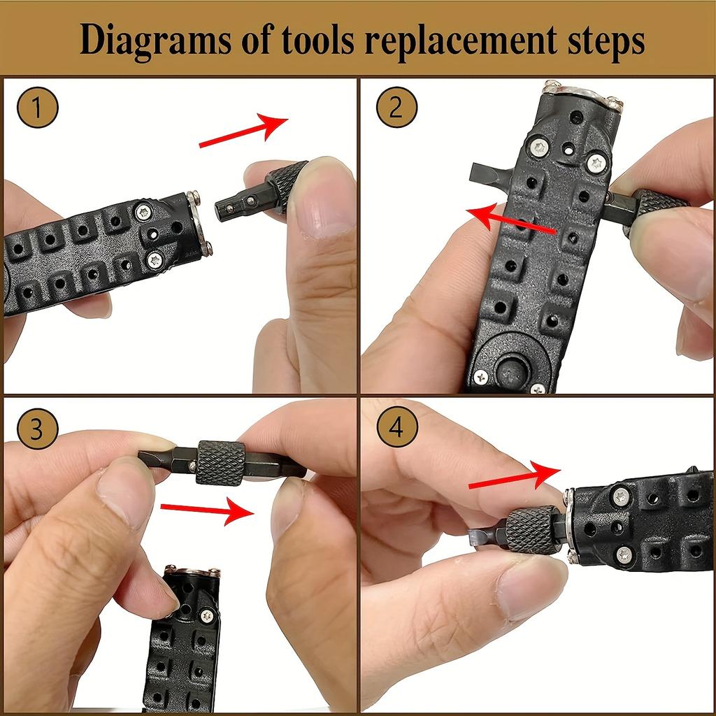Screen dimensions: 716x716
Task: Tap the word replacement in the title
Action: tap(460, 40)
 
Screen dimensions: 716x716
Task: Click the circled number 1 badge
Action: tap(38, 107)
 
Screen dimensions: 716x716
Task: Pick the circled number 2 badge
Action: tap(397, 107)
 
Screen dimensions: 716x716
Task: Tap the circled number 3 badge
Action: tap(38, 429)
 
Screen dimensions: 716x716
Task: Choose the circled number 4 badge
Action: tap(397, 427)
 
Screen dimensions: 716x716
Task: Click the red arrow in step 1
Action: tap(243, 131)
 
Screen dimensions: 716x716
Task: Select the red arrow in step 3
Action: tap(207, 510)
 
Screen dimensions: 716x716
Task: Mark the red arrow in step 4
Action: tap(514, 476)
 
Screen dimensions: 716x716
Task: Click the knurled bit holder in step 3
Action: tap(220, 463)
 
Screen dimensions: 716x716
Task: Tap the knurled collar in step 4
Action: tap(532, 530)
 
